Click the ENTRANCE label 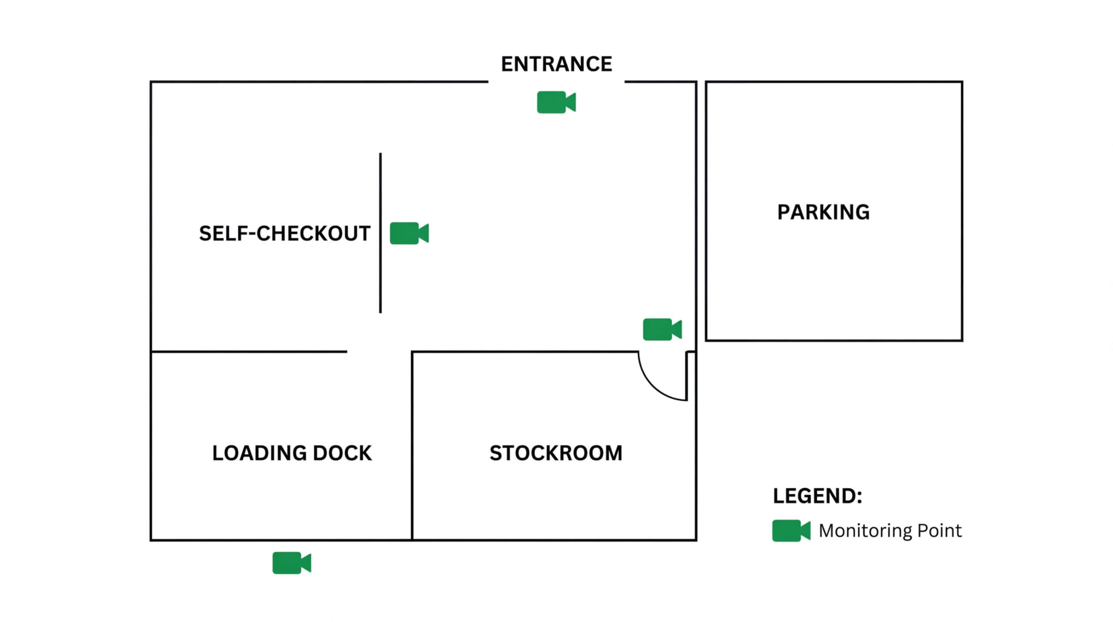point(556,64)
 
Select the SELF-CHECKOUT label point(284,233)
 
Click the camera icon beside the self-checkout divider point(409,233)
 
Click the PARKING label point(823,212)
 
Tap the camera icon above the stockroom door point(662,329)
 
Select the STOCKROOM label point(556,453)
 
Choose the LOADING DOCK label point(292,453)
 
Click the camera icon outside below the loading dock point(291,563)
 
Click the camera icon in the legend point(790,531)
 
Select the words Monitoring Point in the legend point(890,531)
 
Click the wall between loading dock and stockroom point(412,444)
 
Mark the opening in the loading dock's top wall point(379,351)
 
